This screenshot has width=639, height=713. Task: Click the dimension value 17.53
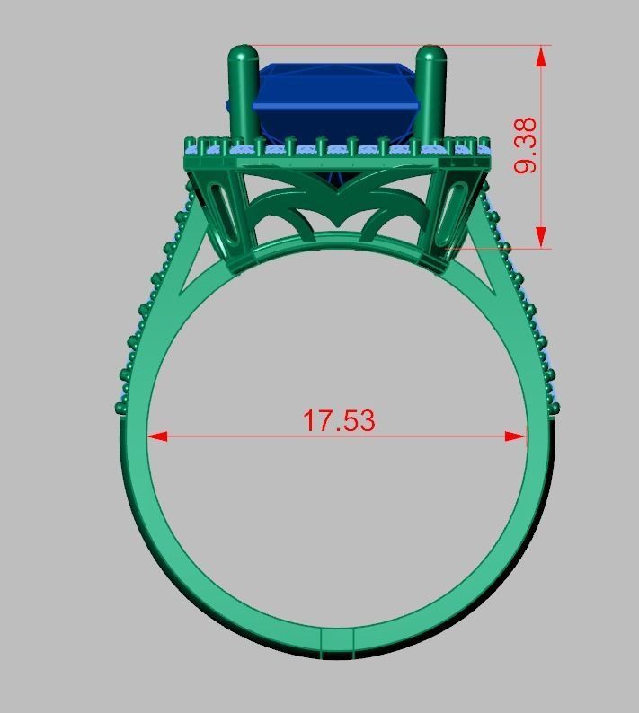(x=338, y=420)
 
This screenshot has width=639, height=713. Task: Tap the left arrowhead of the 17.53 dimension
(x=156, y=437)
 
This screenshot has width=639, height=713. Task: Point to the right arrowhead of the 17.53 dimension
(x=516, y=437)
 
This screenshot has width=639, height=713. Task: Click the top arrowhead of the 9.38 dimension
(x=541, y=57)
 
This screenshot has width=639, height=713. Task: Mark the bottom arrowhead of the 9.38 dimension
(x=541, y=237)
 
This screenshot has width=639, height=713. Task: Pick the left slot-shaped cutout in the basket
(x=226, y=216)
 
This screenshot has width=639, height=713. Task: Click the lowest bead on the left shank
(x=121, y=409)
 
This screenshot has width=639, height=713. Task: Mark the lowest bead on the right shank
(x=554, y=408)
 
